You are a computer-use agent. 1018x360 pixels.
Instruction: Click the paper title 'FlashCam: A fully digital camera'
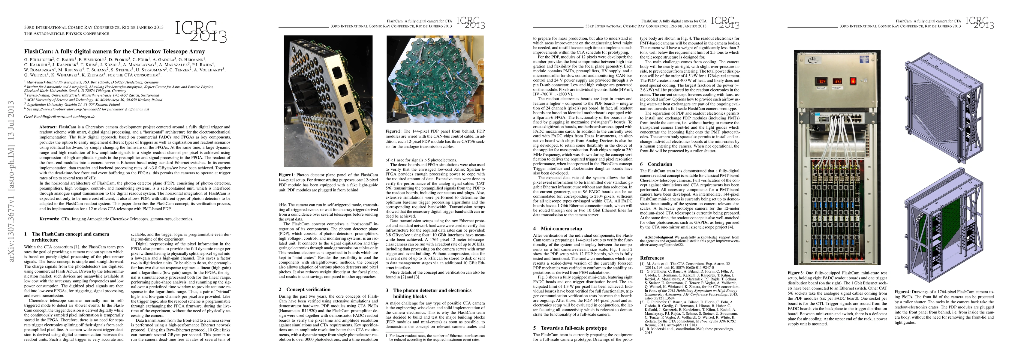click(114, 51)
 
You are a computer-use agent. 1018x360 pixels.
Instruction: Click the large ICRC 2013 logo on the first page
click(201, 31)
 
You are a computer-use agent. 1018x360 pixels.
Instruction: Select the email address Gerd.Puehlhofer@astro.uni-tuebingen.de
click(60, 117)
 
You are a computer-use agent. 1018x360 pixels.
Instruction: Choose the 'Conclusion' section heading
click(660, 164)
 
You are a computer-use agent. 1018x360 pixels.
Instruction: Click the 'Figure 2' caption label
click(393, 131)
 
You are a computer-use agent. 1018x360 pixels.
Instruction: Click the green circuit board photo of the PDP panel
click(435, 79)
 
